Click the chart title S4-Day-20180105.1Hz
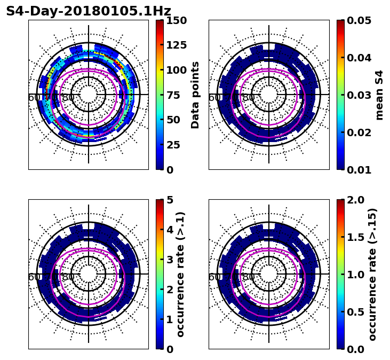pos(89,11)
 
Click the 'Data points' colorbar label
pos(195,95)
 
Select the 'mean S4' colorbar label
pos(379,95)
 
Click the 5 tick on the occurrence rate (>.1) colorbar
pos(170,200)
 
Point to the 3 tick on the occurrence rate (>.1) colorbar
pos(170,260)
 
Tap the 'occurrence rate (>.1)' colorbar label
pos(181,275)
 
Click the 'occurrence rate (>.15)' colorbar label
pos(373,275)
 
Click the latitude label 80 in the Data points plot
pos(68,98)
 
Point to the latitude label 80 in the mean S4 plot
pos(249,98)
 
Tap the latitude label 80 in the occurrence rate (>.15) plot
pos(249,277)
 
